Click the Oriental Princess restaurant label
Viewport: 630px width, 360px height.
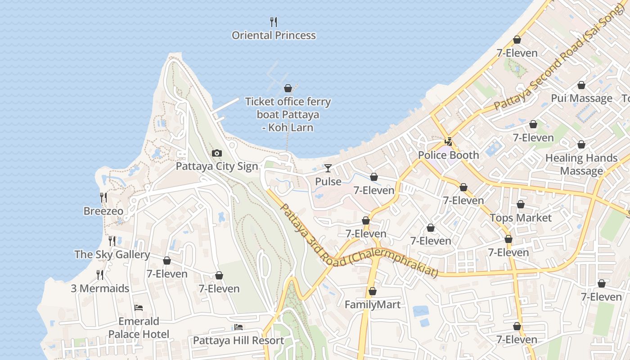click(x=274, y=36)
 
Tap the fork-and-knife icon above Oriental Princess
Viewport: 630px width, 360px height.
click(x=273, y=22)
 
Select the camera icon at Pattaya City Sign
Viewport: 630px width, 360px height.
click(x=217, y=153)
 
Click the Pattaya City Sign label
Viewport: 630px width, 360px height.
click(x=217, y=166)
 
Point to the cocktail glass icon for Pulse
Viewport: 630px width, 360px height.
click(x=328, y=168)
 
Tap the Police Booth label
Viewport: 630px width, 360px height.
click(x=449, y=155)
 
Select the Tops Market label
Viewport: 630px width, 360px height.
click(x=521, y=218)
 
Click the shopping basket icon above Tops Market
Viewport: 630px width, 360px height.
click(x=521, y=204)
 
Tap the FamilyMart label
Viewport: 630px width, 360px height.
click(x=373, y=305)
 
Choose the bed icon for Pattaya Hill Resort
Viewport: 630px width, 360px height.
click(x=238, y=327)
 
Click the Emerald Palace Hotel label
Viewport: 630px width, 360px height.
click(x=139, y=328)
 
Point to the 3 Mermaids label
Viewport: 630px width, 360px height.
click(x=100, y=288)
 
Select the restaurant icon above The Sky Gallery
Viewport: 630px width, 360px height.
click(x=112, y=241)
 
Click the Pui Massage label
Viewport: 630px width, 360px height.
click(x=581, y=99)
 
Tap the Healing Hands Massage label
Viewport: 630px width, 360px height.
click(x=581, y=165)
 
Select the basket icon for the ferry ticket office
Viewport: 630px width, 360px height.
click(x=288, y=88)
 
